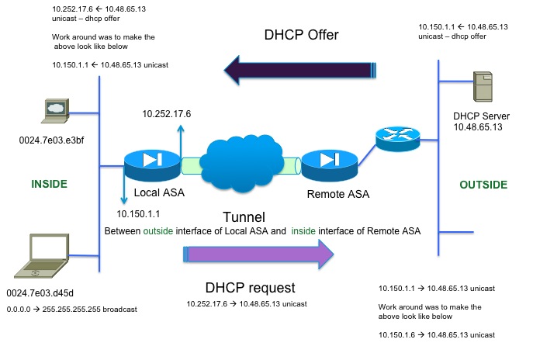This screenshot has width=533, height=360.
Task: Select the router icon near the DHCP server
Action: tap(396, 137)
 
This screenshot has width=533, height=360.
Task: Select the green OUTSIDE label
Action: tap(483, 185)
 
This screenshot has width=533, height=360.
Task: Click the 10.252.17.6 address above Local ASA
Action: tap(166, 114)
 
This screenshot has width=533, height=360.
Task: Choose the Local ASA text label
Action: tap(159, 192)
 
